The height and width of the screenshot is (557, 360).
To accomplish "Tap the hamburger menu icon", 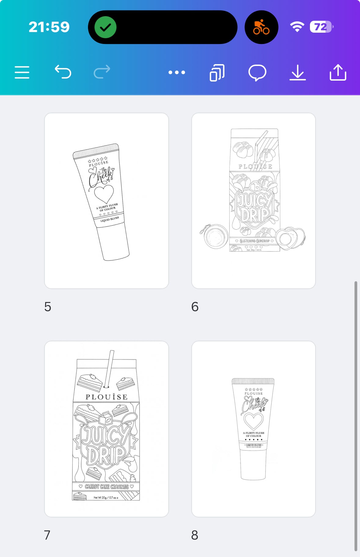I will (22, 72).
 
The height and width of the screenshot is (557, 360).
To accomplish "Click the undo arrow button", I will (63, 72).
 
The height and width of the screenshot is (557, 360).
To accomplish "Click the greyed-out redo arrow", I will (102, 72).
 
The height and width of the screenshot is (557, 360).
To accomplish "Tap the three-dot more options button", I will (177, 72).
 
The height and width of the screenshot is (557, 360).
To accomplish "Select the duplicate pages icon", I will (217, 73).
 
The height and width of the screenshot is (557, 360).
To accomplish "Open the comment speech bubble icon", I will (257, 73).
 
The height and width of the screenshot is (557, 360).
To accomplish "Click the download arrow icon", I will (298, 73).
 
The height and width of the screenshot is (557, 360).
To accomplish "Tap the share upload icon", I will (338, 72).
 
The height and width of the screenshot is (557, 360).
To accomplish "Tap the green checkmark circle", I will (105, 27).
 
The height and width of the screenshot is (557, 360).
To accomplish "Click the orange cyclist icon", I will (261, 27).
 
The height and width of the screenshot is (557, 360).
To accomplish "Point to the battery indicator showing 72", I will (321, 27).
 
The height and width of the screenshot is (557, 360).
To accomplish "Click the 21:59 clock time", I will (49, 27).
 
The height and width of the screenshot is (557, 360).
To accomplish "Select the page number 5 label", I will (48, 307).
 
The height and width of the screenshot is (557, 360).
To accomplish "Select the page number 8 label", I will (195, 535).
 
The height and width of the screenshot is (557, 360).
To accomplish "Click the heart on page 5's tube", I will (104, 194).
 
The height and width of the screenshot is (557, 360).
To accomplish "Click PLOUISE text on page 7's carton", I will (107, 397).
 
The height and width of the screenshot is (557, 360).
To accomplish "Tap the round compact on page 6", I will (216, 237).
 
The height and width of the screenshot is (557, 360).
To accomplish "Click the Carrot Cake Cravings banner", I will (106, 486).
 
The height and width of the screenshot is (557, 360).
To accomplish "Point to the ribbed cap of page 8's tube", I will (253, 381).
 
